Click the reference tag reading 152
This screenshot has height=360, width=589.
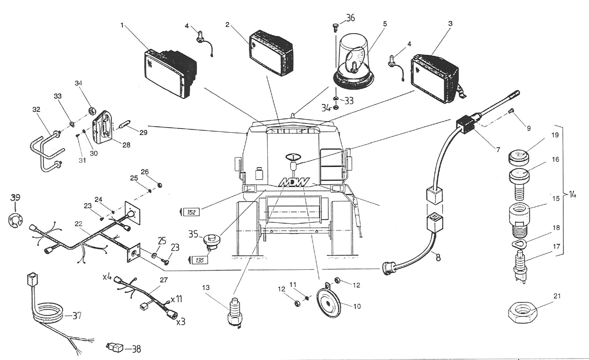pos(191,212)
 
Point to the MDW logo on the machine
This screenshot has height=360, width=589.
pos(295,182)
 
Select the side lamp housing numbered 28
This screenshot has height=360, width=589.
pos(103,126)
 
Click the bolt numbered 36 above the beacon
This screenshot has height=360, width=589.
pos(335,27)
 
